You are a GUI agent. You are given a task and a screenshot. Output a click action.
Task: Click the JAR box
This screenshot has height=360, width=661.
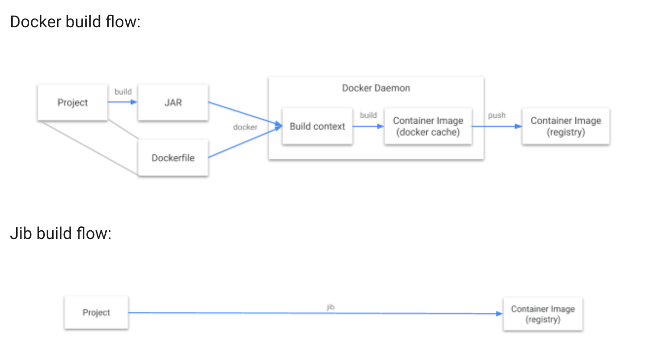pyautogui.click(x=173, y=102)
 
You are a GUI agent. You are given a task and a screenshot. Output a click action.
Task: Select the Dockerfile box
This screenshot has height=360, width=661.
pyautogui.click(x=173, y=158)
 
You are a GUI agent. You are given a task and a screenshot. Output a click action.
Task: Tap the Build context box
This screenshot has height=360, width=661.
pyautogui.click(x=317, y=126)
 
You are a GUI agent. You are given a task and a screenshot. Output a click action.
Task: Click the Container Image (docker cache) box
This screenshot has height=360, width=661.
pyautogui.click(x=428, y=126)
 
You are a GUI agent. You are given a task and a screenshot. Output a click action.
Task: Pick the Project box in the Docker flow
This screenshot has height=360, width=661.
pyautogui.click(x=73, y=102)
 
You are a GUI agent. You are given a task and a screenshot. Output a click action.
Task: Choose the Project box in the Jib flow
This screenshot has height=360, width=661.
pyautogui.click(x=96, y=313)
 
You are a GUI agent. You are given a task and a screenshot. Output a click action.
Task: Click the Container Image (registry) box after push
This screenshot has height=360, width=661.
pyautogui.click(x=565, y=126)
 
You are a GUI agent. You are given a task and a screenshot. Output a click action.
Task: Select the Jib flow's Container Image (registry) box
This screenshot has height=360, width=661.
pyautogui.click(x=543, y=314)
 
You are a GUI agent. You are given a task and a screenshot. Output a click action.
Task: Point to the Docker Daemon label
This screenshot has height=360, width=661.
pyautogui.click(x=376, y=88)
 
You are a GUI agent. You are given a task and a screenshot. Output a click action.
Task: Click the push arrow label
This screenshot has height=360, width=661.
pyautogui.click(x=497, y=116)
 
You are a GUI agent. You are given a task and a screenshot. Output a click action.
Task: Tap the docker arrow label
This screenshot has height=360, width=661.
pyautogui.click(x=245, y=127)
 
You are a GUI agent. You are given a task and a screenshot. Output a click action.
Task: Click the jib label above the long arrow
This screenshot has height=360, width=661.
pyautogui.click(x=330, y=306)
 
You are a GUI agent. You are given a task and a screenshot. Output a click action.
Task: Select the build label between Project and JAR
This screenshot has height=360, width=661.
pyautogui.click(x=123, y=92)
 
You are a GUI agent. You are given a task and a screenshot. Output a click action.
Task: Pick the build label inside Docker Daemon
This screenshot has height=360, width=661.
pyautogui.click(x=368, y=115)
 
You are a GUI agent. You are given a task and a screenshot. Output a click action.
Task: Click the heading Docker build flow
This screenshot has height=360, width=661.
pyautogui.click(x=75, y=22)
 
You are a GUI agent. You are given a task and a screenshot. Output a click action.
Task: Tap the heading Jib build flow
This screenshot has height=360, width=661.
pyautogui.click(x=61, y=234)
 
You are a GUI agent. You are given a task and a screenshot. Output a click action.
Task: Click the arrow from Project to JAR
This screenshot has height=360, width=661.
pyautogui.click(x=122, y=102)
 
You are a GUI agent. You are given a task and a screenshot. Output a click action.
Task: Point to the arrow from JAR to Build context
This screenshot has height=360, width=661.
pyautogui.click(x=244, y=114)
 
